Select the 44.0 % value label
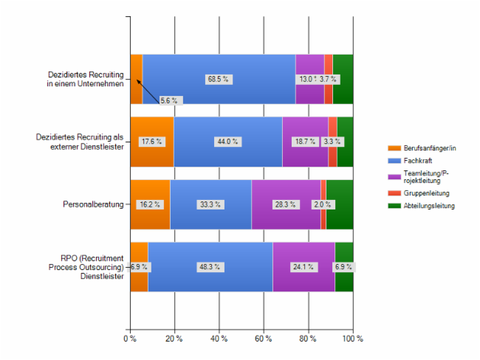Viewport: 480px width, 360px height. click(227, 142)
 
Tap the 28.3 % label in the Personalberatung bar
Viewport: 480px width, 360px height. click(285, 204)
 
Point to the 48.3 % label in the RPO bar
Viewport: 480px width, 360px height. click(209, 267)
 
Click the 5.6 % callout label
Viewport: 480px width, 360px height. click(169, 100)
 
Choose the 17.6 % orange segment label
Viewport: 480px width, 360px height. click(151, 142)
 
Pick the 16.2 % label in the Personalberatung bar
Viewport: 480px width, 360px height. click(149, 204)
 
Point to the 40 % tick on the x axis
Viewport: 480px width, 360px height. click(219, 338)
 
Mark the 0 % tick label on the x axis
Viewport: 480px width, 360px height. click(129, 338)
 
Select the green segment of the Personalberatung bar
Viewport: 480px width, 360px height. click(339, 204)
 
